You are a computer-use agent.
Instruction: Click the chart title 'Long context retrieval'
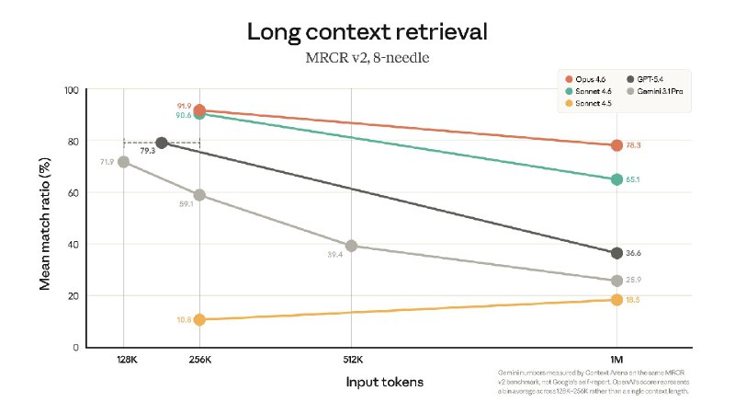(x=367, y=33)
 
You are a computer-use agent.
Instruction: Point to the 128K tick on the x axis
(x=123, y=360)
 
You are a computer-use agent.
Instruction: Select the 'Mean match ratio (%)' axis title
(x=44, y=219)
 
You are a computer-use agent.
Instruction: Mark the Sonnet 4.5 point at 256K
(x=199, y=319)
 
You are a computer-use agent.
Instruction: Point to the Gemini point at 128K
(x=123, y=162)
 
